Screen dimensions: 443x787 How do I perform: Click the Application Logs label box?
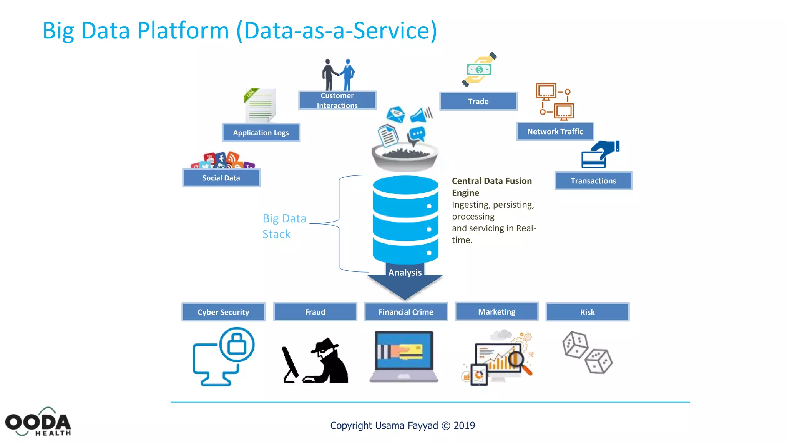[x=261, y=133]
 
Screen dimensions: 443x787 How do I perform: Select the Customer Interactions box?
[x=337, y=100]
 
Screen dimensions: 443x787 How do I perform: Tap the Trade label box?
[x=478, y=101]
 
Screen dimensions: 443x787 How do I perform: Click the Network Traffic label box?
[x=555, y=132]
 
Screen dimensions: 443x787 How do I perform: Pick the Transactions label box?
[x=593, y=181]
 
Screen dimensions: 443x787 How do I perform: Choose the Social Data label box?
[x=221, y=178]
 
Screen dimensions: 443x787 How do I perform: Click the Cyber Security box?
[x=223, y=312]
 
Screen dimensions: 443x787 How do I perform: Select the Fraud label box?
[x=315, y=312]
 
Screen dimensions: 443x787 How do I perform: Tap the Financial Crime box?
[x=406, y=312]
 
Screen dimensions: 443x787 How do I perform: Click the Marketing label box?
[x=496, y=311]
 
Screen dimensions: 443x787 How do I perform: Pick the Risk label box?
[x=587, y=312]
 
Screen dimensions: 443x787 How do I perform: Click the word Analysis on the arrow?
[x=405, y=273]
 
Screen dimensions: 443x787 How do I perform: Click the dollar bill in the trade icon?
[x=479, y=70]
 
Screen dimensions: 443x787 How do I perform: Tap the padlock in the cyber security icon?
[x=237, y=344]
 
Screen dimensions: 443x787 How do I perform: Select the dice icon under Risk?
[x=587, y=352]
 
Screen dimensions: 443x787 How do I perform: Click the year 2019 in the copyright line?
[x=464, y=426]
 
